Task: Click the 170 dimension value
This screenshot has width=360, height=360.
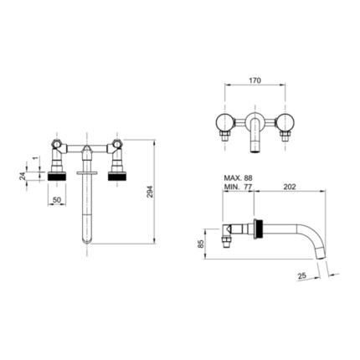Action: pos(255,80)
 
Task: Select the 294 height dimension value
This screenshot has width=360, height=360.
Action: pos(150,192)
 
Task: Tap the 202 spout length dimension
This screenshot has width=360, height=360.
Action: pos(290,187)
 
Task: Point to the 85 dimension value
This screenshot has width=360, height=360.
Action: pos(201,244)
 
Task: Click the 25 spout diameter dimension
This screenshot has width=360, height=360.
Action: pos(302,275)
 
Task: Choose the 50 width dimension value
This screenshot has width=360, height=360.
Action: pos(57,200)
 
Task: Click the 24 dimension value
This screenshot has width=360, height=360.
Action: pos(23,176)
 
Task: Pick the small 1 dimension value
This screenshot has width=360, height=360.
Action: pos(35,158)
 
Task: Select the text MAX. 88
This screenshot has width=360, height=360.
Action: pos(239,178)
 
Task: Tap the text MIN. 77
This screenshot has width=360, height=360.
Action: pos(239,187)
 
